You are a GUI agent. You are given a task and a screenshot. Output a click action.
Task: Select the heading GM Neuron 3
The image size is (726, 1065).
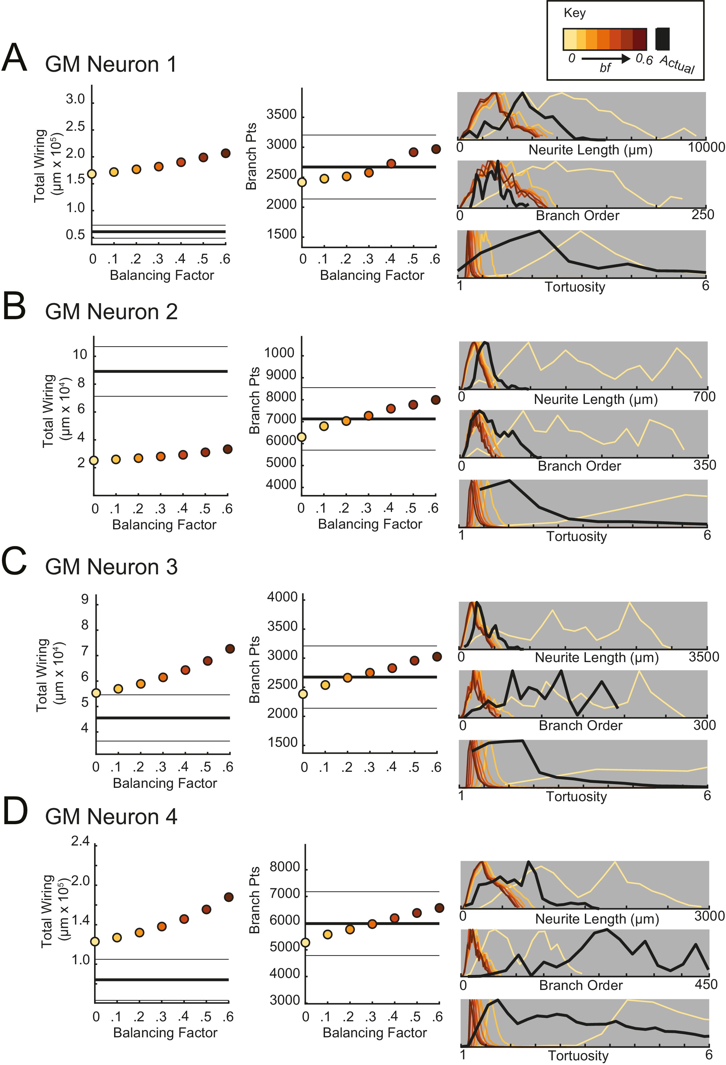(x=111, y=567)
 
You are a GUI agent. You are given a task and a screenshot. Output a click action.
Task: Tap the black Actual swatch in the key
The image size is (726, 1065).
(x=662, y=39)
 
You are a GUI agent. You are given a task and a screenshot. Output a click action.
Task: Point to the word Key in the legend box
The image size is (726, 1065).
(x=574, y=13)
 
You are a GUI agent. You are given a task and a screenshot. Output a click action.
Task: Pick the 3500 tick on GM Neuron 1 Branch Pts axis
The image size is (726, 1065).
(x=281, y=114)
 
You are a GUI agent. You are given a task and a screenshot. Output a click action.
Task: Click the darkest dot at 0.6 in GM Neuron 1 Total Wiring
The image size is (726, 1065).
(x=226, y=153)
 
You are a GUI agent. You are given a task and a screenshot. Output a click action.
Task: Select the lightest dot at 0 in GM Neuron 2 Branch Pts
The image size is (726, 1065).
(x=302, y=437)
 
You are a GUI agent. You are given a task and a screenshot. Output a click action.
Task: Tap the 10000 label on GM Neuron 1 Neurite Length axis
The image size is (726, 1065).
(x=706, y=147)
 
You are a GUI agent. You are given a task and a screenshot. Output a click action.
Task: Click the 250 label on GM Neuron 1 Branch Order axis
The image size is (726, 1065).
(x=703, y=214)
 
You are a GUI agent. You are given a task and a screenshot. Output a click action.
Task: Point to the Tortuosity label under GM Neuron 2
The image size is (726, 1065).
(x=576, y=536)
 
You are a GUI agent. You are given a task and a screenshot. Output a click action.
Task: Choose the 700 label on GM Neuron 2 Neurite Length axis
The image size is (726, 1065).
(x=704, y=396)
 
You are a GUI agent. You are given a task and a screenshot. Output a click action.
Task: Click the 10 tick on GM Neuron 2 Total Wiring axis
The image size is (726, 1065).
(x=80, y=354)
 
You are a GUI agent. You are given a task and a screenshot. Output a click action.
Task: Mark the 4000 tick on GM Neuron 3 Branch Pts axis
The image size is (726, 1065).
(x=282, y=597)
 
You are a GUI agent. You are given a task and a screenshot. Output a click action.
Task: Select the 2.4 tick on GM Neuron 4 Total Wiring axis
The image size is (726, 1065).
(x=80, y=842)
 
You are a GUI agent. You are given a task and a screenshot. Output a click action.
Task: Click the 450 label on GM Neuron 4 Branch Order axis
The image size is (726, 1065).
(x=706, y=984)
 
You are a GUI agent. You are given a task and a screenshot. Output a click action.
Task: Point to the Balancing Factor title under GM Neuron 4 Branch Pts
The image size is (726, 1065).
(x=374, y=1032)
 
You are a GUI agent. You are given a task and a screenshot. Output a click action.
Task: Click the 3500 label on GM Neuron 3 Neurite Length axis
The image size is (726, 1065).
(x=704, y=657)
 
